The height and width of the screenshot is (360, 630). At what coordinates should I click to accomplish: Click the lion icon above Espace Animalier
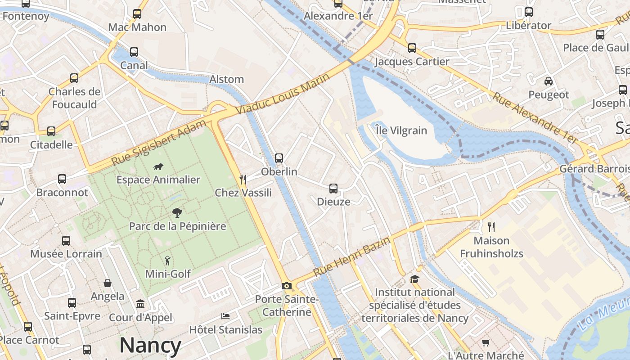(x=158, y=167)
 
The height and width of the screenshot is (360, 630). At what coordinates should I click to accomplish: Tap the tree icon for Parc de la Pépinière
(x=177, y=213)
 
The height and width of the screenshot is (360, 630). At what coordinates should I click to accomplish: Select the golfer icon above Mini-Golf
(x=167, y=261)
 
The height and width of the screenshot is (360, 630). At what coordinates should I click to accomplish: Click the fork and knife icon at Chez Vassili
(x=243, y=180)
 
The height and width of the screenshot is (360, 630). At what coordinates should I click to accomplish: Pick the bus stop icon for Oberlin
(x=279, y=158)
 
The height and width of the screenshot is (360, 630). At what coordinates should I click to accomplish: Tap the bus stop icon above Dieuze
(x=333, y=189)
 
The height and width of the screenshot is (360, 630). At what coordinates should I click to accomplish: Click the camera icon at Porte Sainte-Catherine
(x=286, y=286)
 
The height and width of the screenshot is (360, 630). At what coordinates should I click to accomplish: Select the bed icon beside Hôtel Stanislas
(x=225, y=316)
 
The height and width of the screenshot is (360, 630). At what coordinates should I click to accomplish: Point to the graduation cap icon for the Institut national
(x=414, y=279)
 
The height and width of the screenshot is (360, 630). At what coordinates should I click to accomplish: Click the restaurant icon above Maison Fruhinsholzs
(x=491, y=227)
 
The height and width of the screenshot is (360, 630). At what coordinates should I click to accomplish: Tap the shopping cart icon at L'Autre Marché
(x=486, y=343)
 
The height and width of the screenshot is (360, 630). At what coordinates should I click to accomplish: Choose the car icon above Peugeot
(x=549, y=81)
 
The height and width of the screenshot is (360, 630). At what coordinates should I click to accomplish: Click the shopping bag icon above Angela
(x=108, y=283)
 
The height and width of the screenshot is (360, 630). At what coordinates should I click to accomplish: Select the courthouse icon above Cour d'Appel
(x=140, y=304)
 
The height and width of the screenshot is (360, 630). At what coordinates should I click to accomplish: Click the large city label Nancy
(x=150, y=346)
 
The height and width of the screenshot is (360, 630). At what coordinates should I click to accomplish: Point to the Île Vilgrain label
(x=401, y=130)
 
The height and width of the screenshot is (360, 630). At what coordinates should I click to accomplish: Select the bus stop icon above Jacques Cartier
(x=412, y=48)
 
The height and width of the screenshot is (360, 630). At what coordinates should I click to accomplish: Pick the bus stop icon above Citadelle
(x=51, y=131)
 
